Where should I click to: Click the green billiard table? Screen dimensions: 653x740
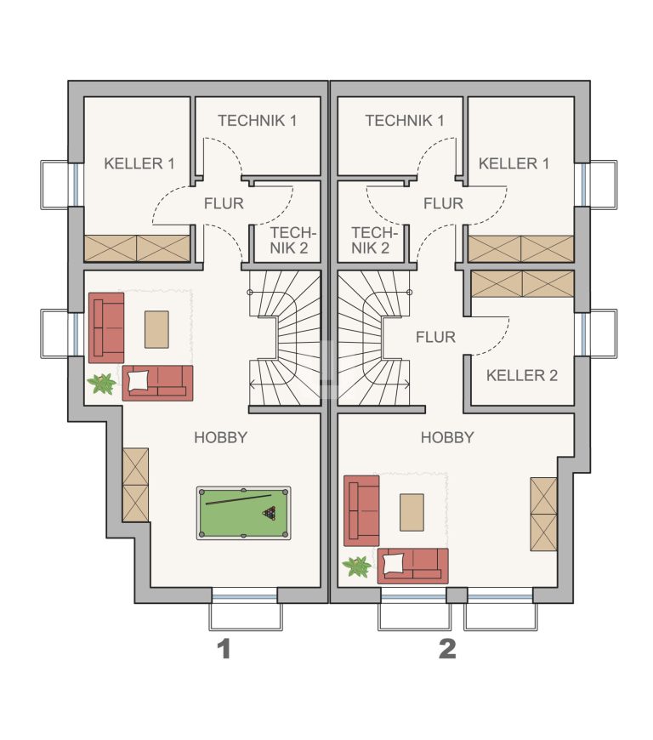click(x=243, y=513)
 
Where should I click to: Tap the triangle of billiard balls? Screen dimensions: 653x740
click(x=270, y=513)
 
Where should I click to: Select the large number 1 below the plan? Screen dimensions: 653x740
click(x=224, y=649)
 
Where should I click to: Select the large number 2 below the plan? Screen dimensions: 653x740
click(x=447, y=649)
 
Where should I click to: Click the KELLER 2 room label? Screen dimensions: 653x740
click(x=522, y=376)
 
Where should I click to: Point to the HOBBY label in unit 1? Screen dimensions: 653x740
click(x=221, y=437)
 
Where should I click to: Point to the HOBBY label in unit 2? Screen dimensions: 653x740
click(x=447, y=437)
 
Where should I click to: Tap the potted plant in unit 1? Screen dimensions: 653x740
click(x=102, y=384)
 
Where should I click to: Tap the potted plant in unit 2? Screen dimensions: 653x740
click(x=357, y=566)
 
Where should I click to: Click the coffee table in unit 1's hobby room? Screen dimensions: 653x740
click(x=156, y=329)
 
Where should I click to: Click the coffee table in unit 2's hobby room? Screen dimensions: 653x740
click(x=412, y=513)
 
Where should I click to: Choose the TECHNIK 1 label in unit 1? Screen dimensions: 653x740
click(x=257, y=121)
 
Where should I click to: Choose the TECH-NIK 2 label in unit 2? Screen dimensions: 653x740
click(x=375, y=240)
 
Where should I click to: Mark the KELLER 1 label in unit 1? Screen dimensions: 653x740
click(x=139, y=164)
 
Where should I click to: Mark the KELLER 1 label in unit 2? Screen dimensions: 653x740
click(x=514, y=164)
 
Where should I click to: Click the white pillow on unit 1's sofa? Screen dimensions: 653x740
click(x=138, y=380)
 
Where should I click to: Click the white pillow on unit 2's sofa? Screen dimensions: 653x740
click(x=393, y=563)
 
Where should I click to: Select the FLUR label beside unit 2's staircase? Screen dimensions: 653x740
click(x=435, y=337)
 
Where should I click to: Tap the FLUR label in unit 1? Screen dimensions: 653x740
click(x=224, y=203)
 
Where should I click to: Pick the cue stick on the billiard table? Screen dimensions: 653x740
click(x=238, y=500)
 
